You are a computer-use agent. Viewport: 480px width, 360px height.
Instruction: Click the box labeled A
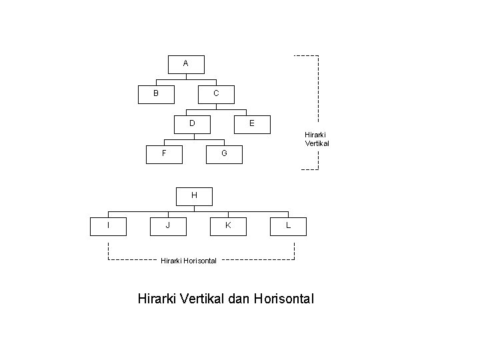coord(185,64)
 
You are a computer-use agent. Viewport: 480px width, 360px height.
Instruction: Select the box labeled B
coord(156,94)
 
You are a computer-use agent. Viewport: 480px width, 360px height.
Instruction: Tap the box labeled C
coord(216,94)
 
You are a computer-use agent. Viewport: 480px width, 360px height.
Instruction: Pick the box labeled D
coord(192,123)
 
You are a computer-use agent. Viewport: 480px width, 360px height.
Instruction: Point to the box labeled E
coord(251,123)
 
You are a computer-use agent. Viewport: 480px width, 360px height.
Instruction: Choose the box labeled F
coord(164,153)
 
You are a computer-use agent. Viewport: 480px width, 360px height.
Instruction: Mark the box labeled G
coord(225,153)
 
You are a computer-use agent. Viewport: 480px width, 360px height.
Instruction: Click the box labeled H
coord(194,196)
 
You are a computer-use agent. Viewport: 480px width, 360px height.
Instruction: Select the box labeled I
coord(108,226)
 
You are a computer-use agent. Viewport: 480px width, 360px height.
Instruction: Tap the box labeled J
coord(168,226)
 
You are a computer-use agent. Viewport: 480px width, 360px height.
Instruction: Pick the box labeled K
coord(228,226)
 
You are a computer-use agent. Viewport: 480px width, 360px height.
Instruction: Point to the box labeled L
coord(288,226)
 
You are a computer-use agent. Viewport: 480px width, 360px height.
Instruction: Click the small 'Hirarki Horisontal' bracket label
coord(189,261)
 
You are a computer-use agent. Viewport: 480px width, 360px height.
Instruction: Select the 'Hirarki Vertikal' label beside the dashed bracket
coord(317,139)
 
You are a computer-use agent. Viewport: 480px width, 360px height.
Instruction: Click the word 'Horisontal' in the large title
coord(283,299)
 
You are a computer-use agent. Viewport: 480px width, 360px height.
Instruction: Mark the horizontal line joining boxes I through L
coord(200,212)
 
